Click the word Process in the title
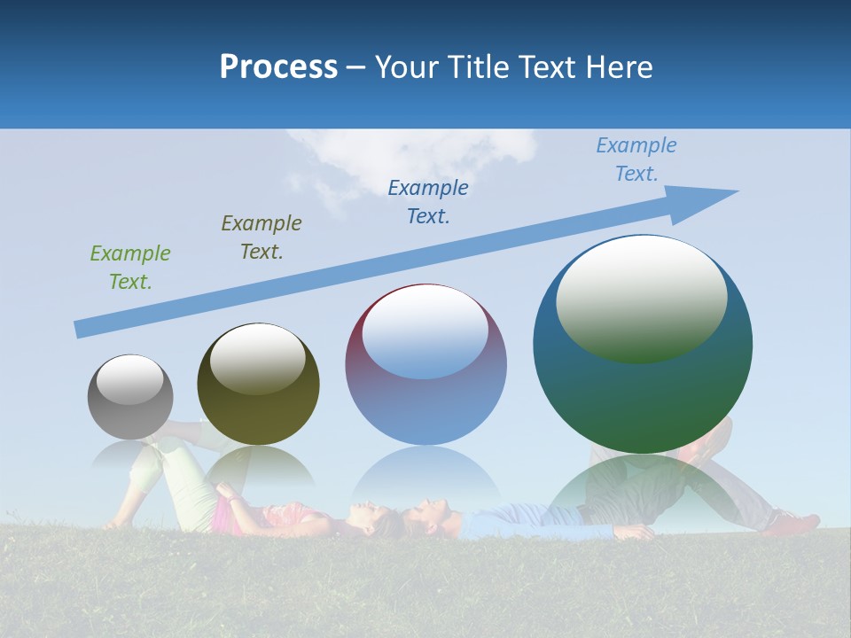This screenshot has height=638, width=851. tap(278, 66)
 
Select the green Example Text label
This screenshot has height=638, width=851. tap(130, 267)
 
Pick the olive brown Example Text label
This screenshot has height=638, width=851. tap(262, 237)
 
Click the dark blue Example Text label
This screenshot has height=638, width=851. tap(428, 201)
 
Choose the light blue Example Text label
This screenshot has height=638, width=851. tap(636, 159)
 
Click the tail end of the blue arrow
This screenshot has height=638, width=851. tap(78, 329)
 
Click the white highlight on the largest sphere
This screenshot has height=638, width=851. tap(641, 297)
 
